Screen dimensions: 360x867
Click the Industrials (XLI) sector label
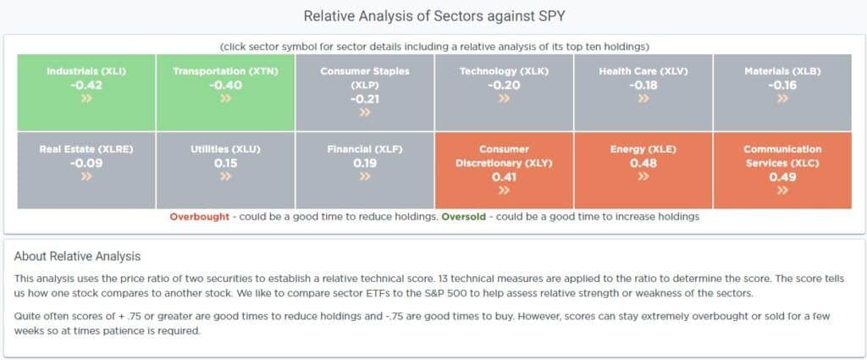pyautogui.click(x=86, y=71)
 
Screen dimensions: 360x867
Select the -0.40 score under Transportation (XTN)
pyautogui.click(x=225, y=85)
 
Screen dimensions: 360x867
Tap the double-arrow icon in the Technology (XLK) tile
pyautogui.click(x=504, y=98)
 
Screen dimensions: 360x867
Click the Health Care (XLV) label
pyautogui.click(x=643, y=71)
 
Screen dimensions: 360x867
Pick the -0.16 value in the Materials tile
pyautogui.click(x=782, y=85)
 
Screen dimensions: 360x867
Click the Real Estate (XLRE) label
pyautogui.click(x=86, y=149)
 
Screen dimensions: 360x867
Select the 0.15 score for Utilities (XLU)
pyautogui.click(x=225, y=163)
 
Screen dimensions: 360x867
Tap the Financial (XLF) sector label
pyautogui.click(x=365, y=149)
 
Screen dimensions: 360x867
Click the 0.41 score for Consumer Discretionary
pyautogui.click(x=504, y=177)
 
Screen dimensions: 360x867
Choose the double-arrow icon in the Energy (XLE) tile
pyautogui.click(x=643, y=176)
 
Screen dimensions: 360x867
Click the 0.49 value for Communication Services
pyautogui.click(x=782, y=177)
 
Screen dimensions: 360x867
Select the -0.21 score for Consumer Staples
pyautogui.click(x=365, y=99)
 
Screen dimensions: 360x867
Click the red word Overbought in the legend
pyautogui.click(x=199, y=217)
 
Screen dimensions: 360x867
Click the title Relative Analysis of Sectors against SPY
pyautogui.click(x=433, y=16)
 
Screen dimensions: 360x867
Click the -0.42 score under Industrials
pyautogui.click(x=86, y=85)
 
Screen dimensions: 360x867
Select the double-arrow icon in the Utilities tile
pyautogui.click(x=225, y=176)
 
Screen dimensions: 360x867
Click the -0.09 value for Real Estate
pyautogui.click(x=86, y=163)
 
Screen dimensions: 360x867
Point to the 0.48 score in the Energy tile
pyautogui.click(x=643, y=163)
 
